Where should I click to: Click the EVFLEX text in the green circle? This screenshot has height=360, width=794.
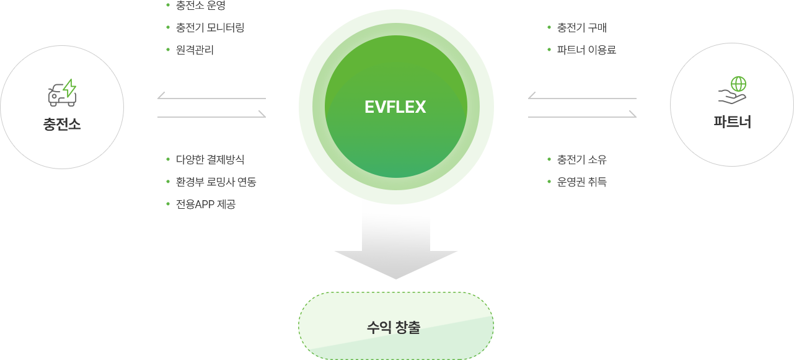(395, 107)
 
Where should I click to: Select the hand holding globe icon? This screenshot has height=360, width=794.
(732, 90)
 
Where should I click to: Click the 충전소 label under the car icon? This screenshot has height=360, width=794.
(62, 125)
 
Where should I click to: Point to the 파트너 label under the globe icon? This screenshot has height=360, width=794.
(732, 122)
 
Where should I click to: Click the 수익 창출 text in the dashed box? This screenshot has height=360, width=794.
(395, 327)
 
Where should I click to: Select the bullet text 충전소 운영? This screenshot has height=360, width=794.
(201, 6)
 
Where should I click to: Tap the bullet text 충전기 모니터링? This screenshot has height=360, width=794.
(210, 28)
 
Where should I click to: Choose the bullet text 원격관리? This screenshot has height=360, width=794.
(195, 50)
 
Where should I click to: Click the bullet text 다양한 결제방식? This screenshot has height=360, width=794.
(210, 143)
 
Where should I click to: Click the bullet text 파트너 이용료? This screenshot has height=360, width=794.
(586, 50)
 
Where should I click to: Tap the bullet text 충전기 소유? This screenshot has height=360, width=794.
(581, 143)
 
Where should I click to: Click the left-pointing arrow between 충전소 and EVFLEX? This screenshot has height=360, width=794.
(211, 96)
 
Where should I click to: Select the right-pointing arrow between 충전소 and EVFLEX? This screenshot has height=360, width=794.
(211, 115)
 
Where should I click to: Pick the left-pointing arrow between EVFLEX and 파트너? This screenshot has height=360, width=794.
(581, 96)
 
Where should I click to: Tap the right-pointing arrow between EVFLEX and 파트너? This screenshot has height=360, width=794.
(581, 115)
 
